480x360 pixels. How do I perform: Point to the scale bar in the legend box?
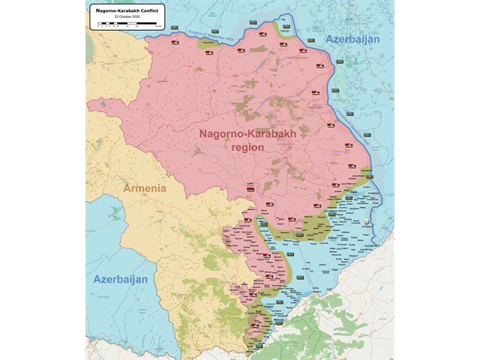124,24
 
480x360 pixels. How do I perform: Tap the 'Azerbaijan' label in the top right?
352,39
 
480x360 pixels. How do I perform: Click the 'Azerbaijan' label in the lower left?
121,278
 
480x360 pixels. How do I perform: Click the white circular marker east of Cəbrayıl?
365,222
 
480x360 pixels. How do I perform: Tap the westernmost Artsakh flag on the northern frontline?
175,43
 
